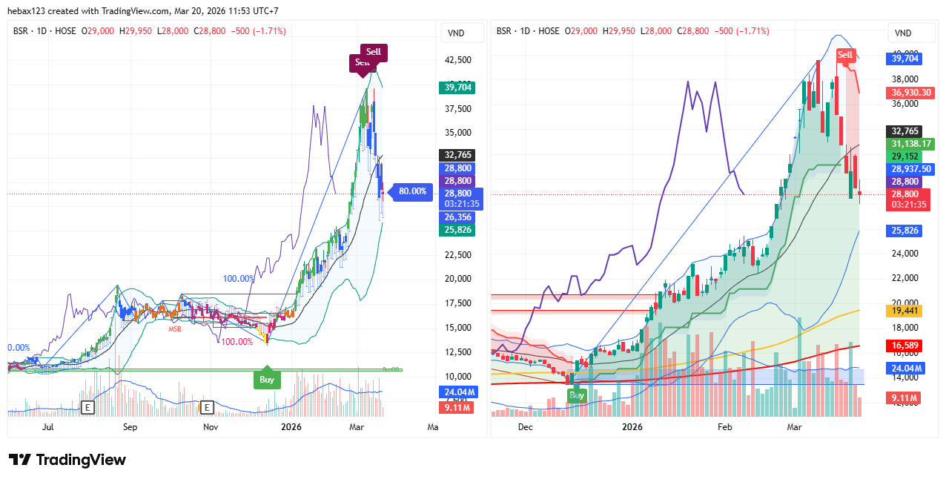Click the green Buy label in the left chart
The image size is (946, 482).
coord(267,380)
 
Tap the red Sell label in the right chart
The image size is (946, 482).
coord(846,55)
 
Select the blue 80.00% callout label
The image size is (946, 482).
coord(413,191)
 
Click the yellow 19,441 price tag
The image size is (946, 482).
coord(904,311)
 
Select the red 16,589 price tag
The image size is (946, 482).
coord(904,346)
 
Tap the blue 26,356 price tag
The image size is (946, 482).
coord(457,217)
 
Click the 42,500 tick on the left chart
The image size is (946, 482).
coord(457,60)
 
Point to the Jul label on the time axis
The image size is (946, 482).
coord(48,426)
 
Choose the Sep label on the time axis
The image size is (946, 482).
coord(130,426)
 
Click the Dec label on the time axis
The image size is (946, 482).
coord(526,426)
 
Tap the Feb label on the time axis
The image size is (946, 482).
coord(724,426)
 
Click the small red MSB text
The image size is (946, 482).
coord(175,329)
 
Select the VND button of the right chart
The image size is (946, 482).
coord(903,33)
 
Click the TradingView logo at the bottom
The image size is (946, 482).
coord(67,460)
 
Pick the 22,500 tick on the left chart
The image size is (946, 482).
coord(457,255)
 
